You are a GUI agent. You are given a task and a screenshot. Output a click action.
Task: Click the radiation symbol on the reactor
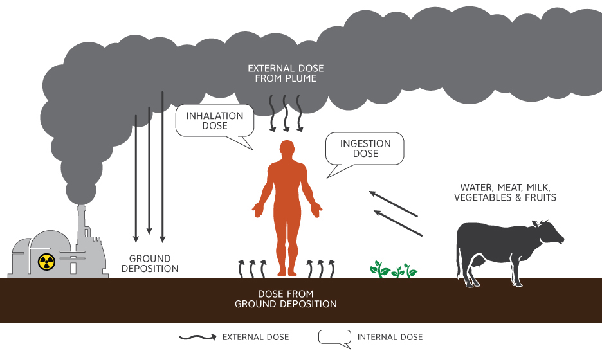(44, 261)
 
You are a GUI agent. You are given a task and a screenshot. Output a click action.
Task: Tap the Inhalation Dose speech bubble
(215, 121)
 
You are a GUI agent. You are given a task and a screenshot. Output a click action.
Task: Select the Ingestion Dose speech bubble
(365, 148)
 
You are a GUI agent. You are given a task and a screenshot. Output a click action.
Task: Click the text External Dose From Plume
(286, 73)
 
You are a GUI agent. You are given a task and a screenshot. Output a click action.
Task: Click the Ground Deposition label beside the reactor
(149, 264)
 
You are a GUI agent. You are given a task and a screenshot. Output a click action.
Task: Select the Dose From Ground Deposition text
(286, 299)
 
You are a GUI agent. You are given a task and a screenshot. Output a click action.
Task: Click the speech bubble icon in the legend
(334, 337)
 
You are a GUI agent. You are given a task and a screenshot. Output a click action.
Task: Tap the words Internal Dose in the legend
(390, 337)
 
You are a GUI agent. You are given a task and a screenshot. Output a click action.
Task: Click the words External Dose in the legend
(255, 337)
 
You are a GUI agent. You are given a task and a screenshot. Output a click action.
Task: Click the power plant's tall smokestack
(82, 225)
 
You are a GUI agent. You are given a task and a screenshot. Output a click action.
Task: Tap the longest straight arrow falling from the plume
(163, 167)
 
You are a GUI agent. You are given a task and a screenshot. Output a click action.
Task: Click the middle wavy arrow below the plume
(286, 113)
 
